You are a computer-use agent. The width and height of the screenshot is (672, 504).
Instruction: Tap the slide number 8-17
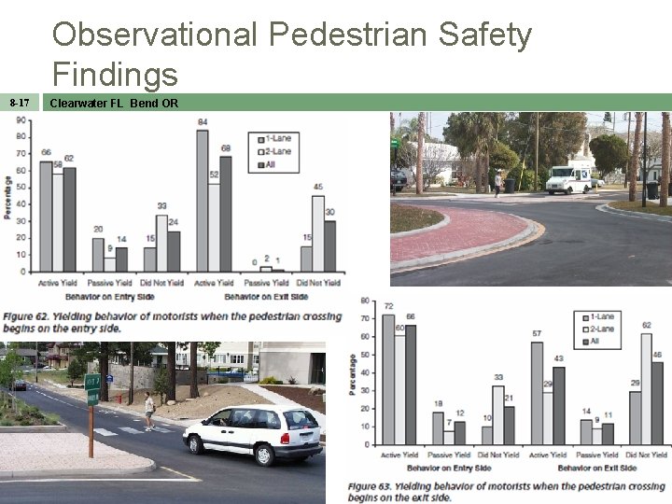pyautogui.click(x=19, y=103)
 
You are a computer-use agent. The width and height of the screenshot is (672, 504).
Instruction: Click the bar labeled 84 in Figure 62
pyautogui.click(x=203, y=201)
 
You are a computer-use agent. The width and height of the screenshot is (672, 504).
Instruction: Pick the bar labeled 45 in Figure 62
pyautogui.click(x=318, y=233)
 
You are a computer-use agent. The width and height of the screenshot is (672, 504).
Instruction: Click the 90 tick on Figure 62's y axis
pyautogui.click(x=21, y=135)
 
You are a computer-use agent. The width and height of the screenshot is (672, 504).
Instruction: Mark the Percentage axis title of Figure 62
pyautogui.click(x=7, y=197)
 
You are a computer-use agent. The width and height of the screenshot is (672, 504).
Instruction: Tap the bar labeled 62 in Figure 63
pyautogui.click(x=646, y=392)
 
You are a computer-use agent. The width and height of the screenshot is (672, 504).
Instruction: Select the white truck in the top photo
pyautogui.click(x=567, y=179)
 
